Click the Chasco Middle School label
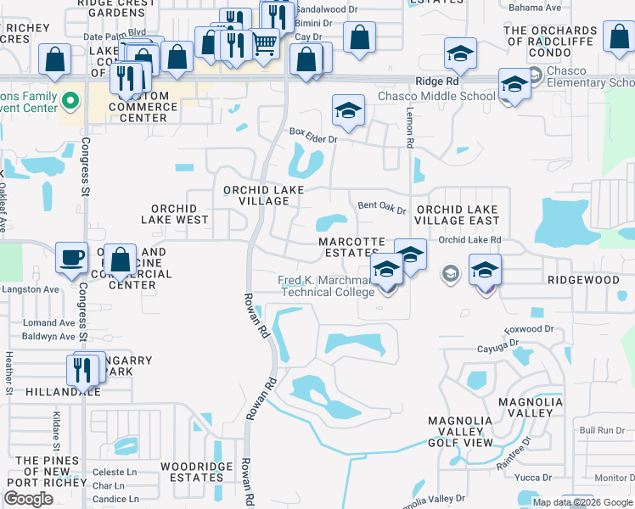[436, 96]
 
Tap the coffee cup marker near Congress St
[71, 256]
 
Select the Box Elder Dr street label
[313, 132]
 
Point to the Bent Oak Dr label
[382, 205]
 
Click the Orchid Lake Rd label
[469, 240]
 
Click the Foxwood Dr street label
[528, 328]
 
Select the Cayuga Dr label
[497, 344]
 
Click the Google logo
[28, 499]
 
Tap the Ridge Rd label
[436, 81]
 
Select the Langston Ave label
[30, 289]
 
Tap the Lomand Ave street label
[49, 323]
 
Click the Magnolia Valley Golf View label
[460, 432]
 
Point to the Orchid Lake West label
[174, 214]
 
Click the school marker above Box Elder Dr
[347, 111]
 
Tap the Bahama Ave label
[534, 8]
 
